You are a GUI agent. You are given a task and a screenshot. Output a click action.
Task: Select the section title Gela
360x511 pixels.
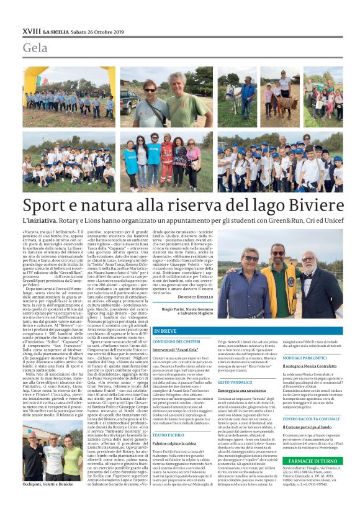[35, 48]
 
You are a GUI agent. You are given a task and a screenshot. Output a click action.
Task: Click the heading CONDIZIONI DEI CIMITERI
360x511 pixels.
[178, 342]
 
